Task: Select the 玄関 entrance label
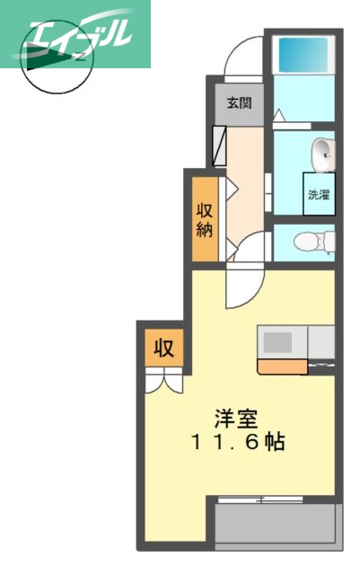(238, 102)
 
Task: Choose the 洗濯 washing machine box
(318, 193)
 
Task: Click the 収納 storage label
(205, 221)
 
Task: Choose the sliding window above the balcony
(260, 497)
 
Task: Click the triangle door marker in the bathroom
(280, 115)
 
